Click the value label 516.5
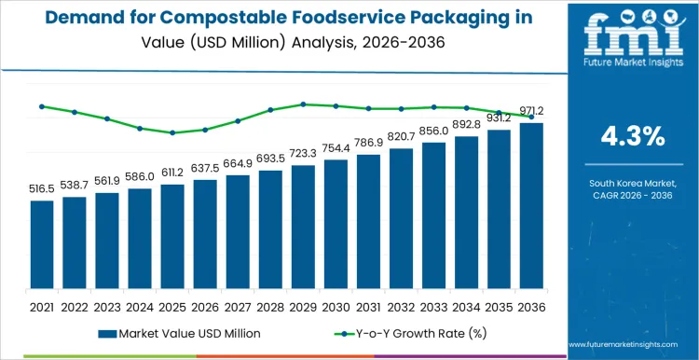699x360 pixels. click(x=42, y=189)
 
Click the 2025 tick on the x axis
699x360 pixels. click(x=172, y=306)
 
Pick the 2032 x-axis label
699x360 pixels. click(x=401, y=306)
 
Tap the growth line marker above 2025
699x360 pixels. click(x=172, y=132)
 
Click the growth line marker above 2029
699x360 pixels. click(x=303, y=104)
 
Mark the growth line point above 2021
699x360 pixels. click(x=42, y=106)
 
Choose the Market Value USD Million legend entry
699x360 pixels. click(x=177, y=333)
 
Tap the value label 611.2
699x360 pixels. click(x=172, y=173)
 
